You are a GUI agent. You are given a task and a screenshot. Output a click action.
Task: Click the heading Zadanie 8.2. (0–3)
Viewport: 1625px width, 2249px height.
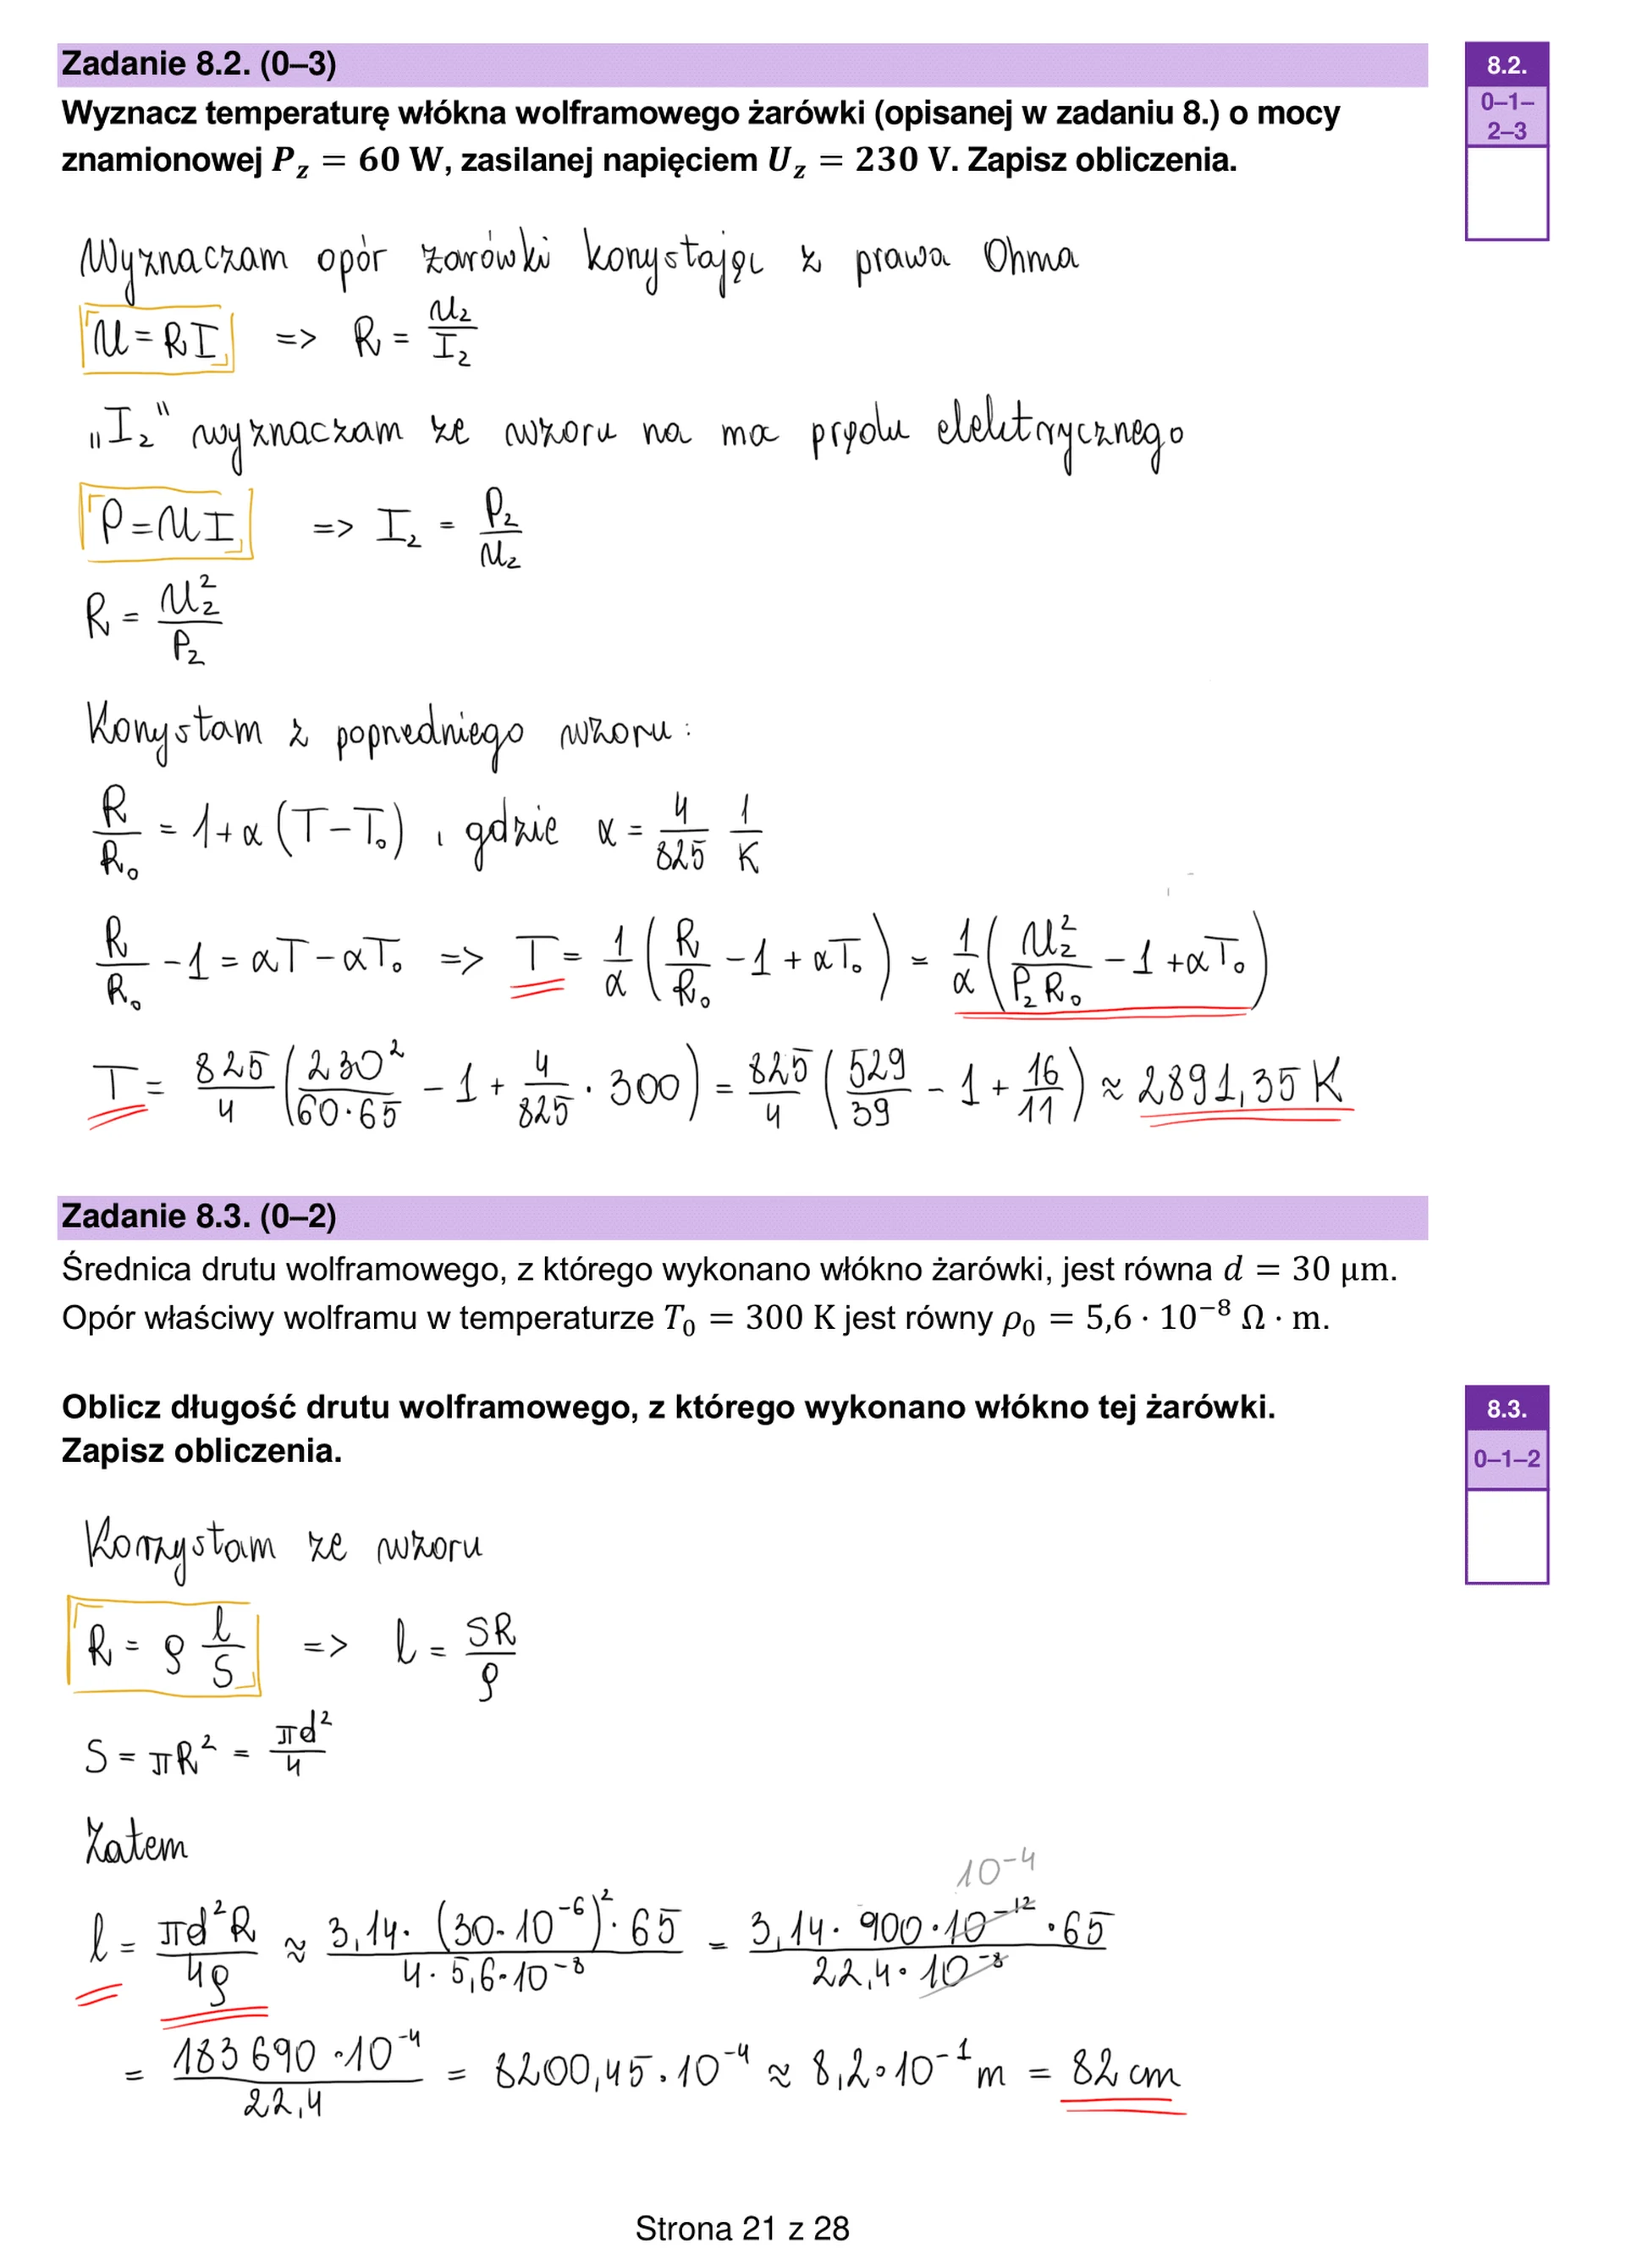coord(198,64)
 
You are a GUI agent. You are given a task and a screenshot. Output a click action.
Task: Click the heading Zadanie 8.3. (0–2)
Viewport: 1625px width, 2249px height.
coord(198,1216)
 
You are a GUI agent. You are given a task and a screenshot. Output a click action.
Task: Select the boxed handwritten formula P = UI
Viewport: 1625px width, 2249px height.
coord(167,521)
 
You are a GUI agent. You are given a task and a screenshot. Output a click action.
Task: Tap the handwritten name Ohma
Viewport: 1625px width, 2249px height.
coord(1030,256)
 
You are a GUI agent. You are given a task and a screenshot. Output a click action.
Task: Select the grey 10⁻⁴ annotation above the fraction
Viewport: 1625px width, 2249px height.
coord(995,1868)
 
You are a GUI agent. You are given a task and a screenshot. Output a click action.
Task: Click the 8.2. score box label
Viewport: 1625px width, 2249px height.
coord(1506,65)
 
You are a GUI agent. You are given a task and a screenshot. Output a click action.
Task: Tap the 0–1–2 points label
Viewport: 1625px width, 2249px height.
coord(1506,1458)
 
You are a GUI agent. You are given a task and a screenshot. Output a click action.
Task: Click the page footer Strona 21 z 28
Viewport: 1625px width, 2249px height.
coord(741,2228)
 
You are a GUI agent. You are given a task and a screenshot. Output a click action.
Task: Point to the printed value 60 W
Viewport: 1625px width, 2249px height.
coord(399,160)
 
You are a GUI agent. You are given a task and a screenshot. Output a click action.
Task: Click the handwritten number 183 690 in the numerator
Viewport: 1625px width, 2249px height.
coord(244,2057)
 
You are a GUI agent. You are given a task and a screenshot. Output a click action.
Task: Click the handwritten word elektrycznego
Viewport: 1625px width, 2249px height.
coord(1058,433)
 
